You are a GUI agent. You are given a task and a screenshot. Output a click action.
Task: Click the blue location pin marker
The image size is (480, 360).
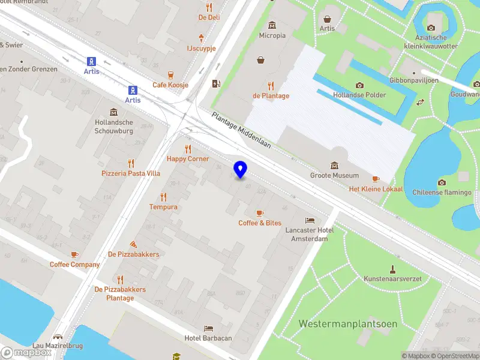click(241, 169)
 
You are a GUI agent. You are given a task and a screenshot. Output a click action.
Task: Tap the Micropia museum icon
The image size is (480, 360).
click(272, 25)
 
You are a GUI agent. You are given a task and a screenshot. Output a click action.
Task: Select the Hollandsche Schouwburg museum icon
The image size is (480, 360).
click(113, 112)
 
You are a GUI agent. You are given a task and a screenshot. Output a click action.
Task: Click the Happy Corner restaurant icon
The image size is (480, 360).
click(188, 149)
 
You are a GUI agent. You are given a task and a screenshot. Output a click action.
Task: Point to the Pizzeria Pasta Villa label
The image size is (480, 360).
click(131, 173)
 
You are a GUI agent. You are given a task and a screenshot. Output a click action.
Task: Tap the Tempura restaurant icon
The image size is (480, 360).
click(163, 197)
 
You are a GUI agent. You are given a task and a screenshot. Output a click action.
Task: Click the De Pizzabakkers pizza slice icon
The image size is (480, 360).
click(133, 244)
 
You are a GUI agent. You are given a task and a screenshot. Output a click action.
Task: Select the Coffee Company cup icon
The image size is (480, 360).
click(74, 254)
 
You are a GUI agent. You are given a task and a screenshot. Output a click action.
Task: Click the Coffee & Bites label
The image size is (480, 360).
click(260, 223)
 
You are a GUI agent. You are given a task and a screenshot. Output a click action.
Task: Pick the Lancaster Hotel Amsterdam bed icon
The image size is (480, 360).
click(310, 220)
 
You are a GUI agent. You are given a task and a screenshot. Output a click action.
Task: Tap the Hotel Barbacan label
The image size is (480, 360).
click(208, 338)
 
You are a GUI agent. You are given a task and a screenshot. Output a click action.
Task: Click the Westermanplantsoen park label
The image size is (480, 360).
click(348, 324)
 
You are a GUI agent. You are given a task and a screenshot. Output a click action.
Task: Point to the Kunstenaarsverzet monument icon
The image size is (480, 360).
click(393, 269)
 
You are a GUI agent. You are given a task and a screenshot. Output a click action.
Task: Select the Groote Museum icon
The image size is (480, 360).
click(334, 166)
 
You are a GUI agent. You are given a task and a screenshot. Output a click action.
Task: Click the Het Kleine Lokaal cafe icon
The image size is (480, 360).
click(376, 179)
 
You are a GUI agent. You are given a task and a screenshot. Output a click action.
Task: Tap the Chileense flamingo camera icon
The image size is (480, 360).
click(442, 182)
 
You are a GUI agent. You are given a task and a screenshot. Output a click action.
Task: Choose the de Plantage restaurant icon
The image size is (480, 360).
click(271, 85)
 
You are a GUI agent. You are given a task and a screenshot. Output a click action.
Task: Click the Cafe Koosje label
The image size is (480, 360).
click(170, 85)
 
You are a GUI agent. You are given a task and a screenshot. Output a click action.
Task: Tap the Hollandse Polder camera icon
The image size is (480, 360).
click(359, 85)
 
